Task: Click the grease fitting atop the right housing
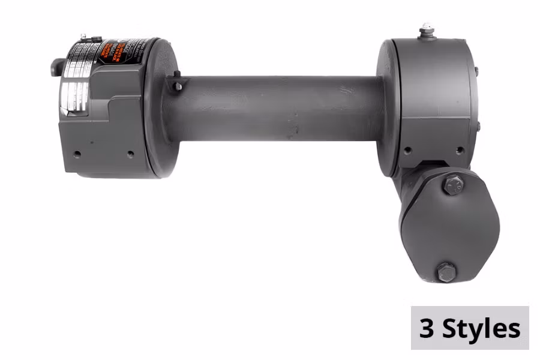[x=427, y=31]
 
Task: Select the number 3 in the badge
[x=427, y=328]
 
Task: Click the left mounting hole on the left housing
[x=77, y=153]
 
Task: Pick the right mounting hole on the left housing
[x=130, y=154]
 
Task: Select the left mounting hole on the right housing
[x=407, y=151]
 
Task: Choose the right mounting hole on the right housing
[x=460, y=151]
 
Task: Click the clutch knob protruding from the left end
[x=56, y=67]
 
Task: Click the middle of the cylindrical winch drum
[x=276, y=108]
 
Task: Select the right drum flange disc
[x=386, y=108]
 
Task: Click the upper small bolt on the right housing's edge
[x=476, y=71]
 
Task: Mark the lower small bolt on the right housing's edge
[x=478, y=126]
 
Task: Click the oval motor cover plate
[x=450, y=228]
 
